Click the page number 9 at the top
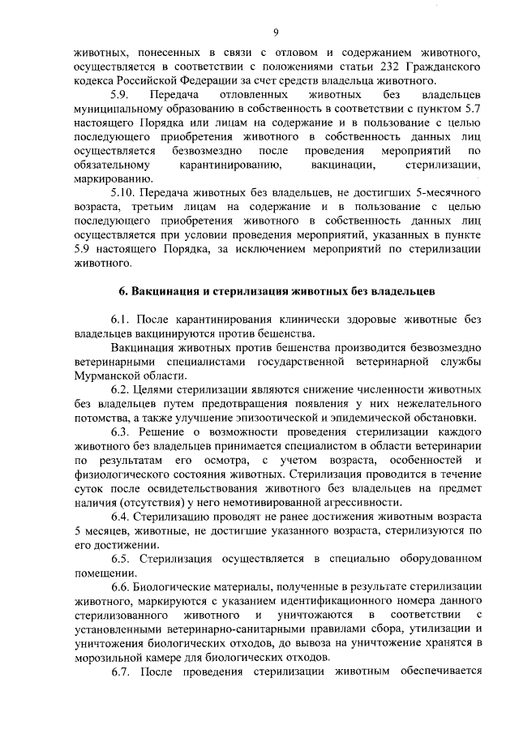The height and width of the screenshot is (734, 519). click(276, 32)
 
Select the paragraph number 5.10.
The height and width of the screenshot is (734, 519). click(122, 193)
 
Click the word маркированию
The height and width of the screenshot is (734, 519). click(109, 179)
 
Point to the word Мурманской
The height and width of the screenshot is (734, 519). click(106, 375)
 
